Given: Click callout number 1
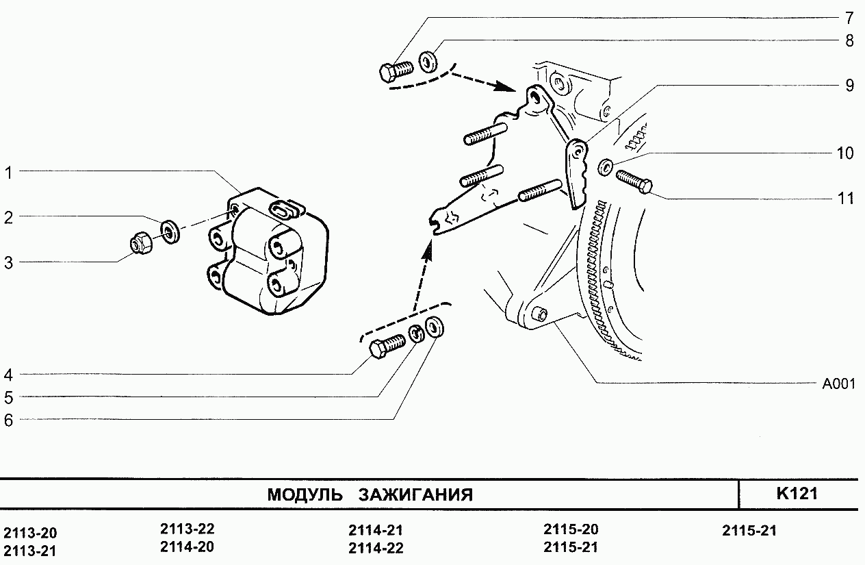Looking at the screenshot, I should (9, 173).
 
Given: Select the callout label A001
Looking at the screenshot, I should (838, 384).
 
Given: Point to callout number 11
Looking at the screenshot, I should (847, 199).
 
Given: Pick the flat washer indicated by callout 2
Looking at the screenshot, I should (170, 231).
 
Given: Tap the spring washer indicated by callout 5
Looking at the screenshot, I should (417, 335).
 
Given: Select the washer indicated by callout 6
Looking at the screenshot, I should (435, 327).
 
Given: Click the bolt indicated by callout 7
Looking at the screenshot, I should (395, 70).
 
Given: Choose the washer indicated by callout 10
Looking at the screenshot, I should (606, 166).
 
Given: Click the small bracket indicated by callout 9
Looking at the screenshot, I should (576, 173).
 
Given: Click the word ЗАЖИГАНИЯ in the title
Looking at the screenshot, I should (415, 494).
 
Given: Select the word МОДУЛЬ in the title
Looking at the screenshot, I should (305, 494).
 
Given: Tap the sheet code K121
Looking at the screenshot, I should (797, 494).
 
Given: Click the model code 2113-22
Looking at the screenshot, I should (188, 529).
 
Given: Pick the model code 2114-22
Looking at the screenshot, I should (376, 548).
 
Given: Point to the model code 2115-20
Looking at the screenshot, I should (571, 529).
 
